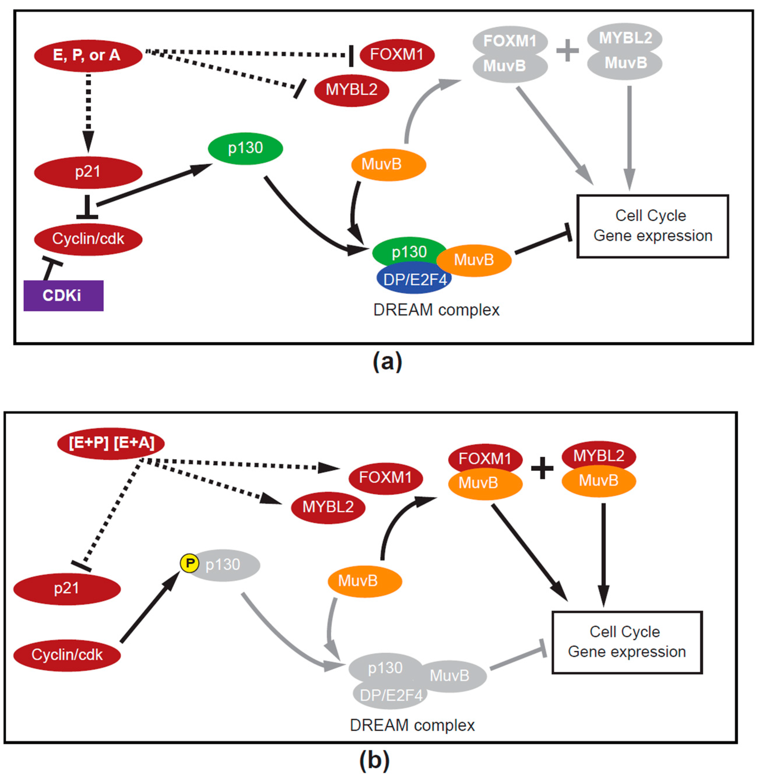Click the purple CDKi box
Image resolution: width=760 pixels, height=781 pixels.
pos(64,296)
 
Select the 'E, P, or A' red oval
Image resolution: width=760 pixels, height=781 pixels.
pos(88,55)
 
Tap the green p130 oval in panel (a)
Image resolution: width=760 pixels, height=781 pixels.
pos(245,148)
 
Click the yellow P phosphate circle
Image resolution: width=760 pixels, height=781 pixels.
pos(190,563)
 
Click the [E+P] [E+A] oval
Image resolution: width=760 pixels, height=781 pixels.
pos(111,443)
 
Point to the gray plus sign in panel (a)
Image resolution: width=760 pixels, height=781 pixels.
pos(567,51)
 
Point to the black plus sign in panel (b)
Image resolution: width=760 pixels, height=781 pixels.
pos(542,468)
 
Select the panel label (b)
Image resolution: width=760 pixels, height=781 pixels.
pos(374,760)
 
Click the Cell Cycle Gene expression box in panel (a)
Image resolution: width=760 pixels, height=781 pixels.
pos(652,226)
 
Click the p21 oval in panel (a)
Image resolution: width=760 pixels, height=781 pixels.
pos(88,172)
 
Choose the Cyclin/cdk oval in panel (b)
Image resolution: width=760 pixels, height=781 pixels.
pos(67,655)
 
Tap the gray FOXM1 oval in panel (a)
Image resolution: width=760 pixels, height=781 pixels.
pos(510,41)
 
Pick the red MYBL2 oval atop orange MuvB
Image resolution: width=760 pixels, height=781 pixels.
pos(598,455)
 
